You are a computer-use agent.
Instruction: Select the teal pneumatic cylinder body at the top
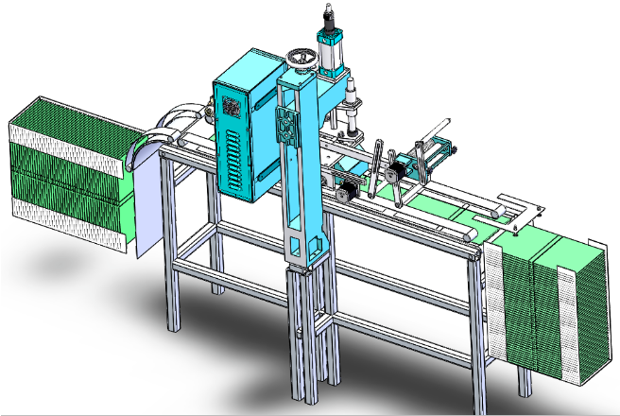click(332, 52)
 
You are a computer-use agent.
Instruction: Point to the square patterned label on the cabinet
click(231, 107)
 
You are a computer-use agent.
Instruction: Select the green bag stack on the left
click(66, 175)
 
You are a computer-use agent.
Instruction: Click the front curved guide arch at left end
click(146, 147)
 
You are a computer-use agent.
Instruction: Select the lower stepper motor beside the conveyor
click(345, 192)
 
